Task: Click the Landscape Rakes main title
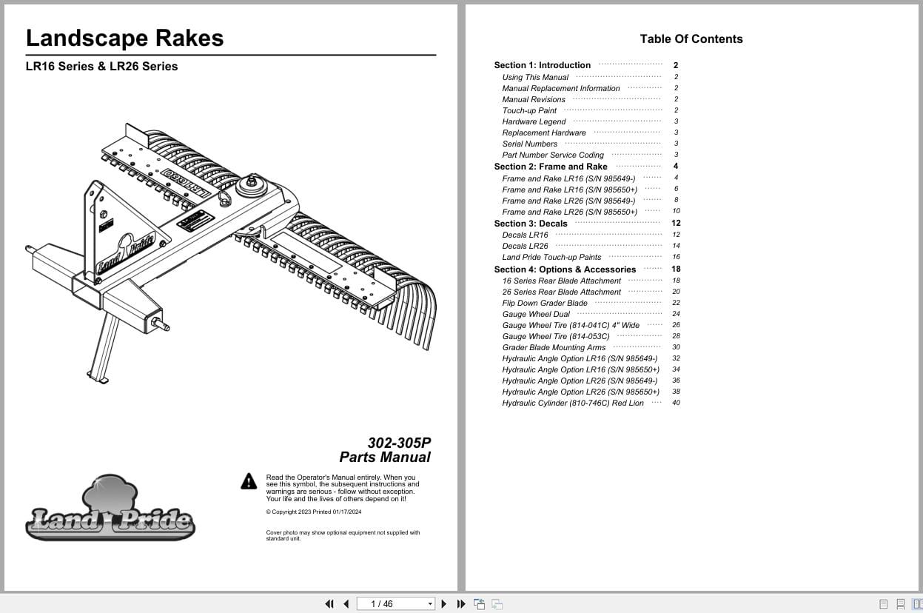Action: [124, 38]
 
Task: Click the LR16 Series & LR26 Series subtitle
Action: [101, 66]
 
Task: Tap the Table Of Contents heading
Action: [691, 39]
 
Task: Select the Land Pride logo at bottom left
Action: [110, 510]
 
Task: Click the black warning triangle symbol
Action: [249, 481]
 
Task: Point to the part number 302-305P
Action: [398, 443]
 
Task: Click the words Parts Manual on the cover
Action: [384, 458]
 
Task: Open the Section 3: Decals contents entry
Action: [530, 224]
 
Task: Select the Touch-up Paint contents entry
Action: [529, 110]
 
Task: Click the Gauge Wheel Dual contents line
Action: [536, 314]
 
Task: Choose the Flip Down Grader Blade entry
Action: [544, 303]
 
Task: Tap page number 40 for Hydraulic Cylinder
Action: [676, 403]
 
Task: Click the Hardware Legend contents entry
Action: [534, 121]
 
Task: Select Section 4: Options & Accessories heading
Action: [565, 269]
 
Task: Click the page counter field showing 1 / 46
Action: [395, 604]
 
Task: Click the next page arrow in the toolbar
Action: [444, 604]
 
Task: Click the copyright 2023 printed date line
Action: [313, 512]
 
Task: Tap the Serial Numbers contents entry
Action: [529, 144]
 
